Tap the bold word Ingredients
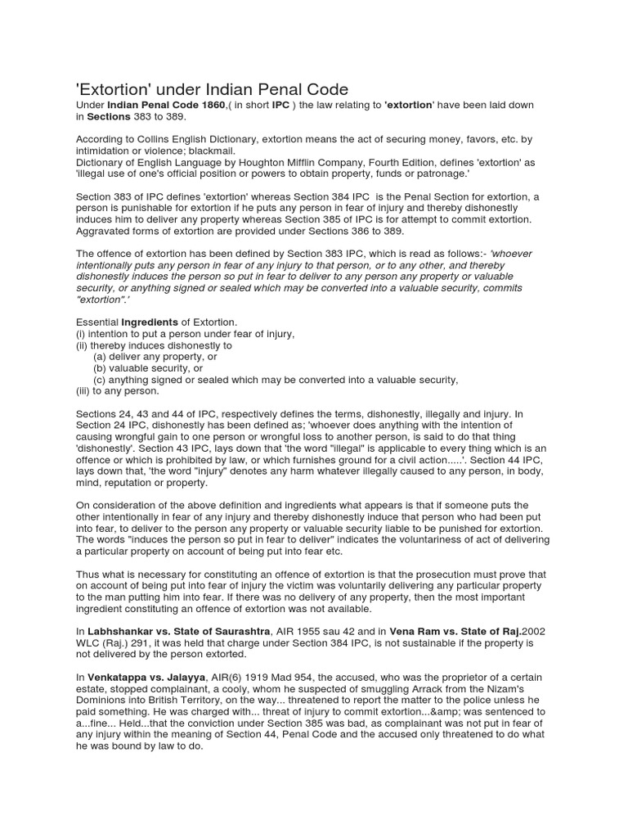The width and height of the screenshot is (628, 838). pos(150,322)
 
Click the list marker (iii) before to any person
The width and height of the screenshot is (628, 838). pos(83,391)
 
